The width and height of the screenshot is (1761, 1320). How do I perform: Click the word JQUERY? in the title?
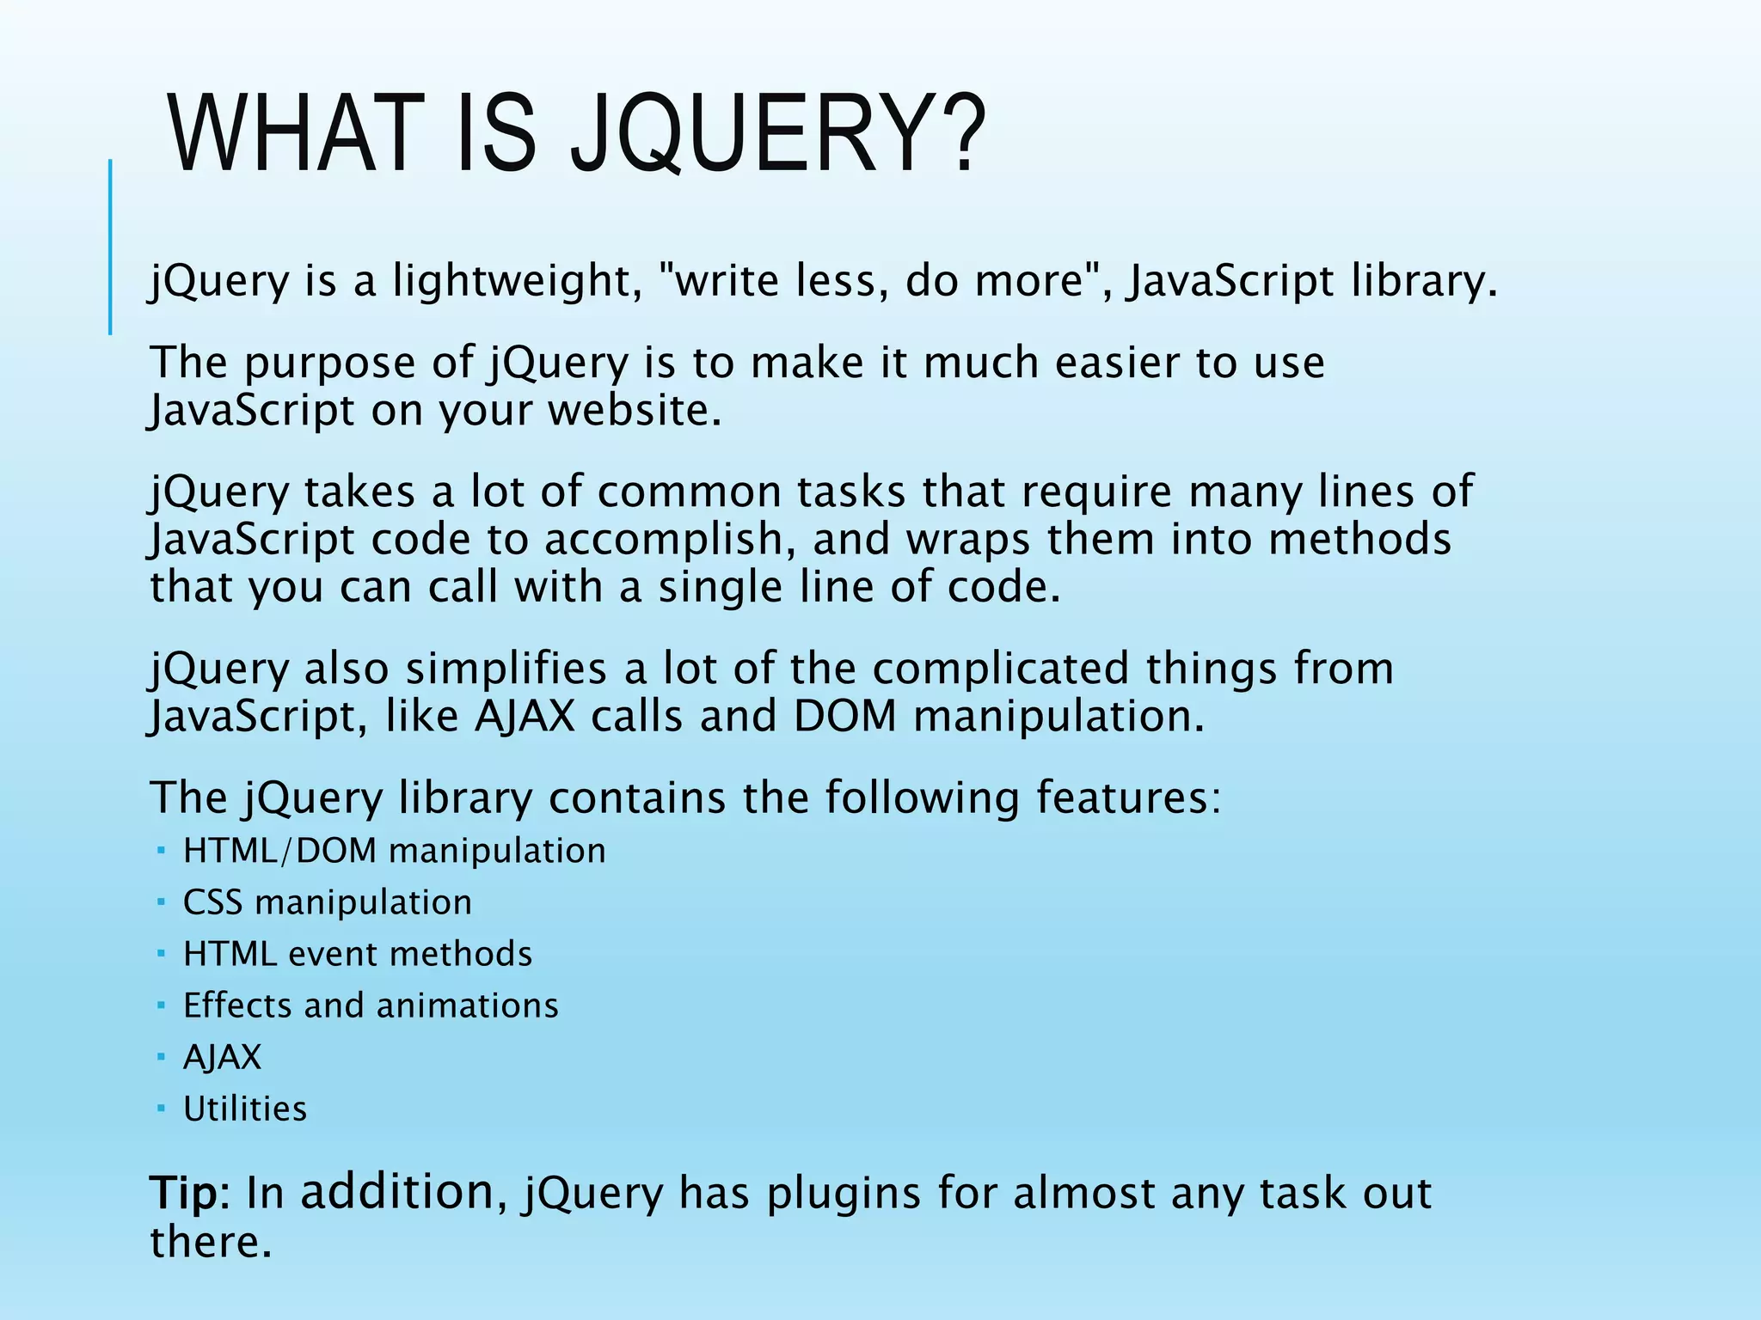coord(778,135)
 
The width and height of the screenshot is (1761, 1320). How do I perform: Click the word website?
coord(635,410)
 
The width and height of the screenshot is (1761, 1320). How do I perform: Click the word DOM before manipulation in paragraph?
coord(844,716)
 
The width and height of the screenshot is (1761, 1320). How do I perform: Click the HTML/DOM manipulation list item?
coord(394,851)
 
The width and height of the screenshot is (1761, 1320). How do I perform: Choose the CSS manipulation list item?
coord(328,902)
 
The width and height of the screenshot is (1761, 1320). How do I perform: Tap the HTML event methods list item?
coord(358,954)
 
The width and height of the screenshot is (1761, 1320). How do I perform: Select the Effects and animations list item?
coord(371,1005)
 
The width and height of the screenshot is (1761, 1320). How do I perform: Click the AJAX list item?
coord(222,1057)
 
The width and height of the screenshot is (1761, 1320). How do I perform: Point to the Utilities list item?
coord(245,1109)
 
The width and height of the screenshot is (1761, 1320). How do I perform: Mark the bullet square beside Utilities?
coord(161,1108)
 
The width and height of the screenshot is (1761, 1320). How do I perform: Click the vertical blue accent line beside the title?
coord(110,247)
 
